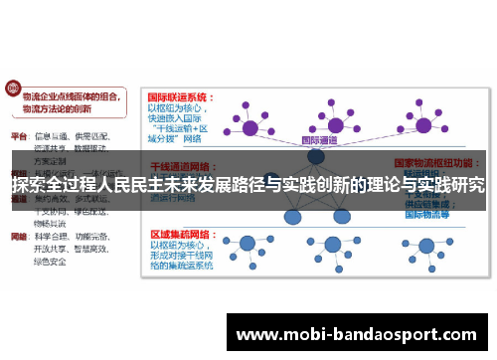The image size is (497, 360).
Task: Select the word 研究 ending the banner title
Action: tap(469, 184)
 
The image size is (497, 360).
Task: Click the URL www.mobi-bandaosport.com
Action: tap(362, 333)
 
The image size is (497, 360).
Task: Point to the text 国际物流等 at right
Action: tap(428, 213)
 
